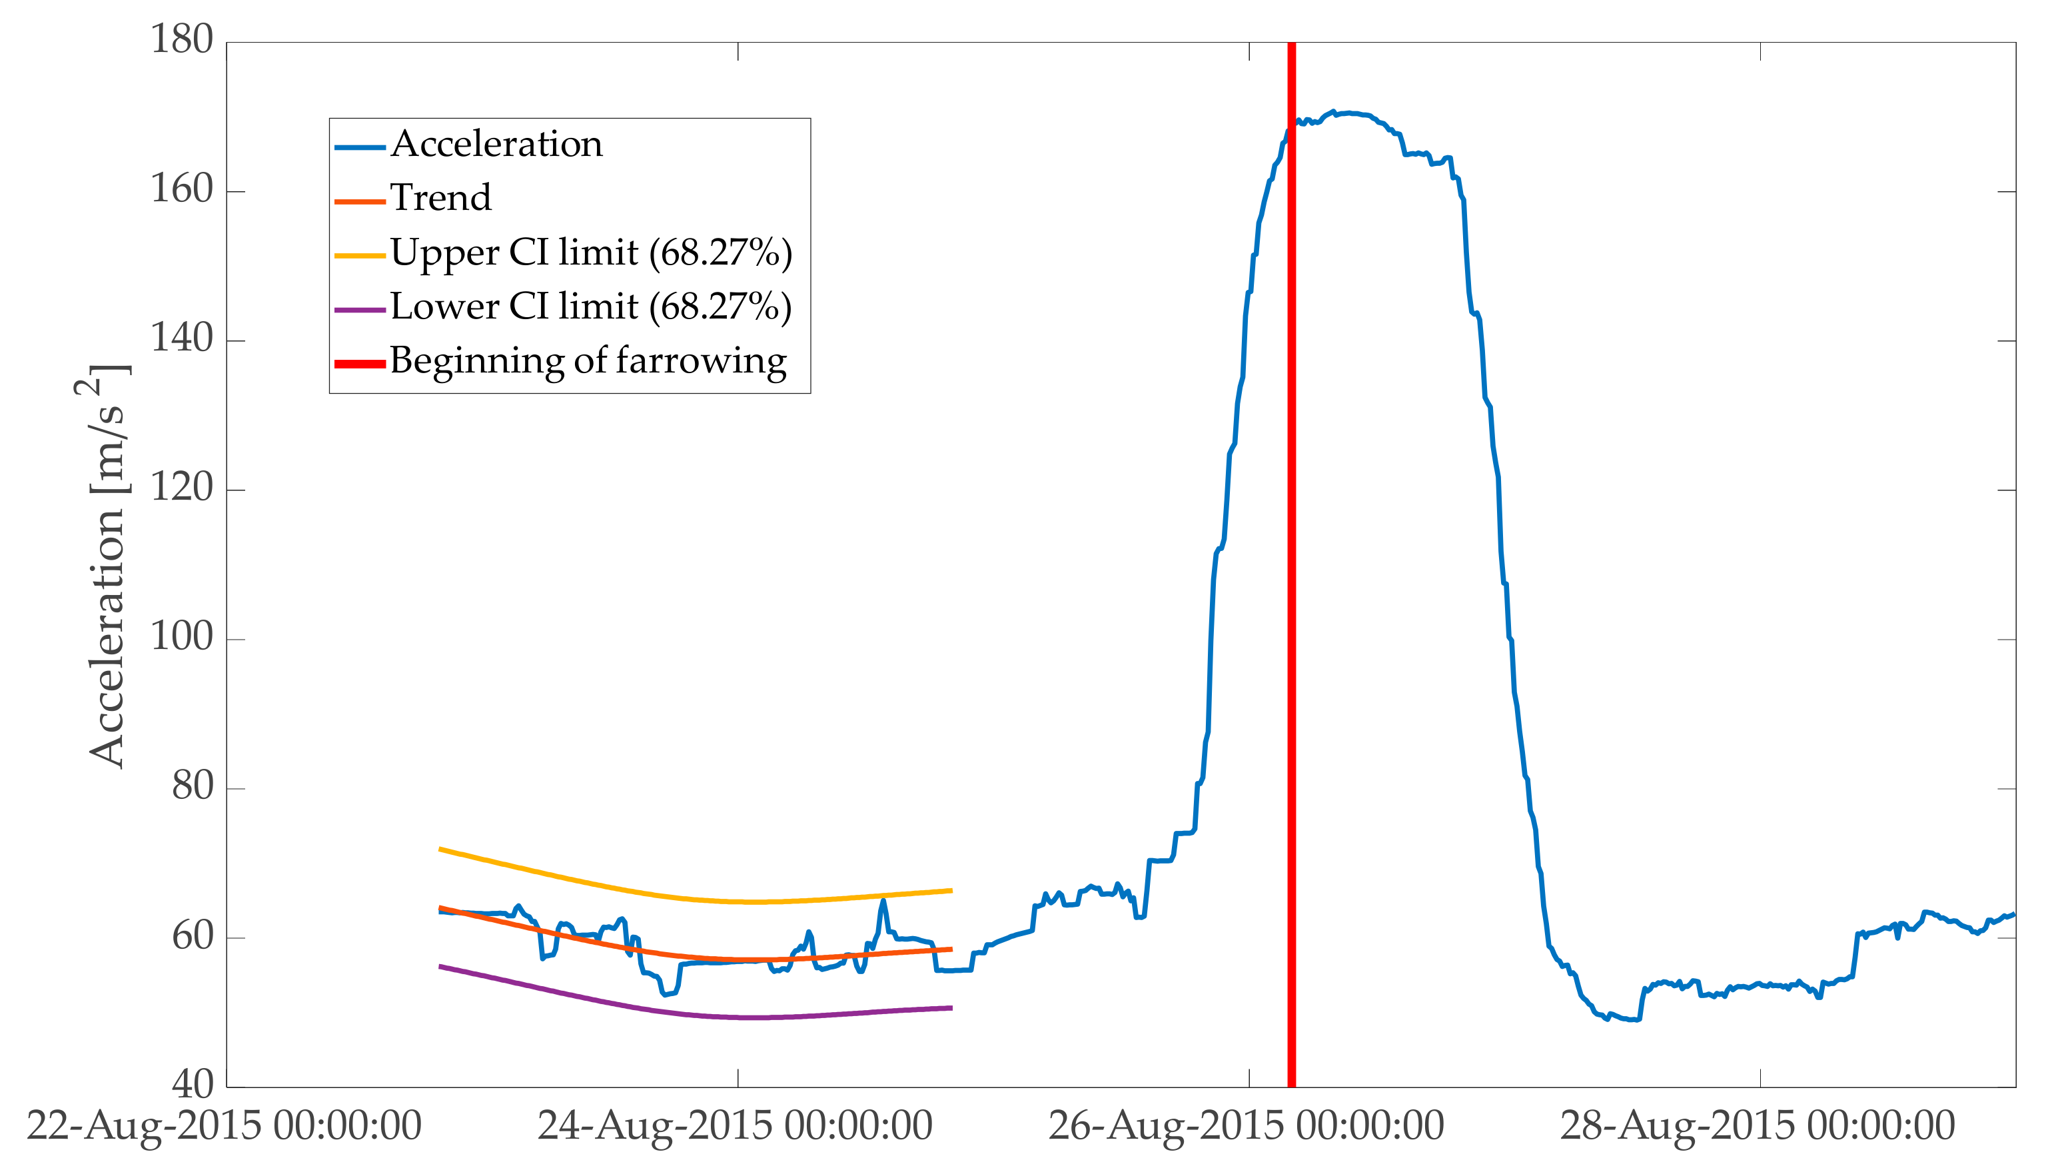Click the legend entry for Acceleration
coord(496,144)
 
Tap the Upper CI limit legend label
coord(590,253)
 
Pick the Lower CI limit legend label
coord(590,306)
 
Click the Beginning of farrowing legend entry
coord(588,361)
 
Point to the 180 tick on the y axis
coord(182,40)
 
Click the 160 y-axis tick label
coord(182,190)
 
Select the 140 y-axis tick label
coord(182,338)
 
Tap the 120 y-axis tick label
coord(182,488)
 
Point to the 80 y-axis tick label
coord(192,786)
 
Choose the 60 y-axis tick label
coord(192,935)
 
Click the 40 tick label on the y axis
coord(192,1085)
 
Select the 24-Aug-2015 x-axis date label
coord(735,1126)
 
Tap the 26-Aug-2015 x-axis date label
coord(1246,1126)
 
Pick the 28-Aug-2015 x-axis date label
coord(1757,1126)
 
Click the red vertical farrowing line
coord(1291,643)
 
